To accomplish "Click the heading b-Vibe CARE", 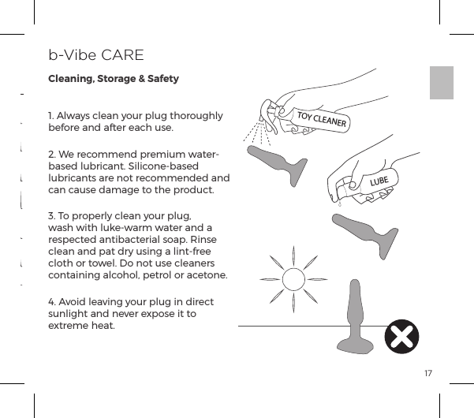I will tap(95, 55).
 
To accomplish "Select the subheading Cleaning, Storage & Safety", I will tap(114, 79).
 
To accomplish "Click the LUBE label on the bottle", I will tap(381, 181).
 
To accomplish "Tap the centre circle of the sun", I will tap(293, 278).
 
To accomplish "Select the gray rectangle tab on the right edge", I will tap(442, 83).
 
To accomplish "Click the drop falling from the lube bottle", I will tap(339, 204).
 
